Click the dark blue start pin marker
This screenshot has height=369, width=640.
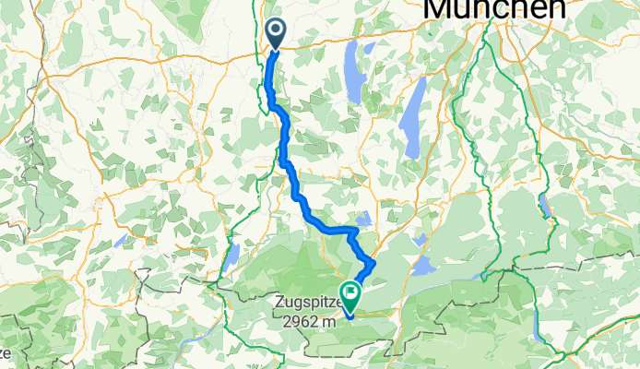pyautogui.click(x=276, y=33)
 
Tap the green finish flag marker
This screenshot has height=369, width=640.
pyautogui.click(x=350, y=294)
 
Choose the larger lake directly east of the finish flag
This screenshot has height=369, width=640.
pyautogui.click(x=424, y=266)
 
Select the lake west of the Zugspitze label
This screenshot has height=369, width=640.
pyautogui.click(x=233, y=256)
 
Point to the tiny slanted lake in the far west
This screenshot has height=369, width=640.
pyautogui.click(x=121, y=240)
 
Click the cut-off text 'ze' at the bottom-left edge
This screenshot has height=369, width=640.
pyautogui.click(x=5, y=353)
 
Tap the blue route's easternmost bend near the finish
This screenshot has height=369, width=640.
pyautogui.click(x=373, y=265)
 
